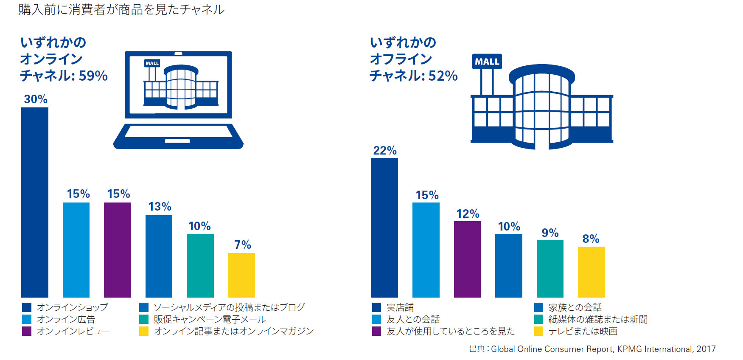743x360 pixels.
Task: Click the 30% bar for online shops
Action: [35, 202]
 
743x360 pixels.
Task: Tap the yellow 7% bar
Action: [241, 275]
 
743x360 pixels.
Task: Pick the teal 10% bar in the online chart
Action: [200, 265]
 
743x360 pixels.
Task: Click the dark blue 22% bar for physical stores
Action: [384, 228]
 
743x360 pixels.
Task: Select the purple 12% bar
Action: [467, 259]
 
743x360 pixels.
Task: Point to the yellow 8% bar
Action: [591, 272]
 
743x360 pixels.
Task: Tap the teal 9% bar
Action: [550, 269]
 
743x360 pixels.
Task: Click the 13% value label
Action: [160, 207]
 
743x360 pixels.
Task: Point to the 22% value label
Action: [385, 151]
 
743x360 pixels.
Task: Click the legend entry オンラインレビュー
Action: [73, 331]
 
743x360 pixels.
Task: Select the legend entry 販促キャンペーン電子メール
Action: [210, 319]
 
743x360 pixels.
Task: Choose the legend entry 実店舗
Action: [400, 307]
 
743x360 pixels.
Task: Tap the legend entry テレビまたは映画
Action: [583, 331]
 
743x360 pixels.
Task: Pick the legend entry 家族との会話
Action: [575, 307]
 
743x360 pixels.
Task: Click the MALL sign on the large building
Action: [487, 62]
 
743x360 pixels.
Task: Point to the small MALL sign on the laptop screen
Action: [152, 63]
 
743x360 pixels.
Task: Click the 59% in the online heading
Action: [93, 76]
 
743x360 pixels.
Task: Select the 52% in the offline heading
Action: [443, 76]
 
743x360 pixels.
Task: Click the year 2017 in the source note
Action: [706, 349]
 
